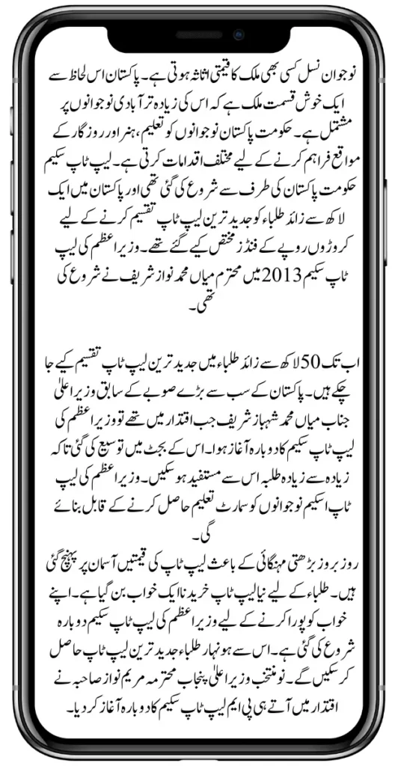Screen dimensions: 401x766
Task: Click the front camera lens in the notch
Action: [x=239, y=34]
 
